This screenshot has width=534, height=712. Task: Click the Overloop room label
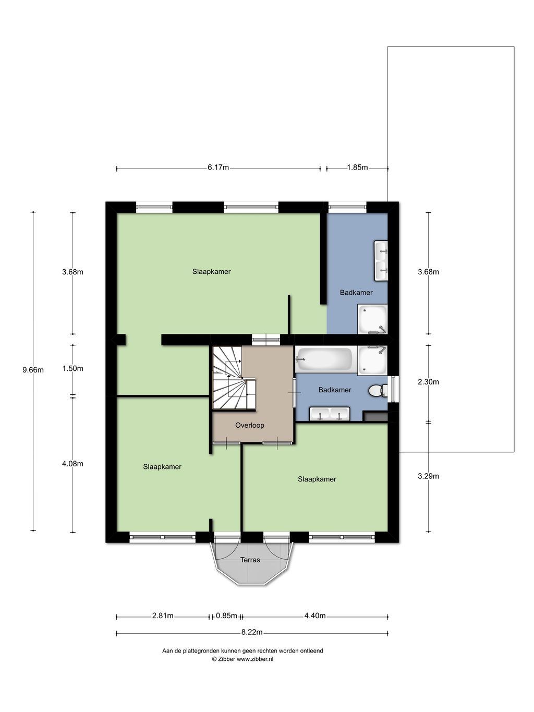point(250,425)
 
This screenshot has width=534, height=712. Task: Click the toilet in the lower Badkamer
point(378,390)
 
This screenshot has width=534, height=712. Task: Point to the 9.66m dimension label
point(33,370)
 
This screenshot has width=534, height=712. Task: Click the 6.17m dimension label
point(218,167)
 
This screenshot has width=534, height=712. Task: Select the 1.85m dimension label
point(357,167)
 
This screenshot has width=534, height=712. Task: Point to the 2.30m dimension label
point(428,382)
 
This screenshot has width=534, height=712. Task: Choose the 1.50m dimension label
point(72,368)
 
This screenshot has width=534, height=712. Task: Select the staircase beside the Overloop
point(234,378)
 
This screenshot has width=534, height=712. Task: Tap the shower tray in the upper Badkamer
point(372,319)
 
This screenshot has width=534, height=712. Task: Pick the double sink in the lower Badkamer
point(330,414)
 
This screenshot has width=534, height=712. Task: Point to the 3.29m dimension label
point(428,476)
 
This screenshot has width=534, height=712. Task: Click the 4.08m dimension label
point(72,464)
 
